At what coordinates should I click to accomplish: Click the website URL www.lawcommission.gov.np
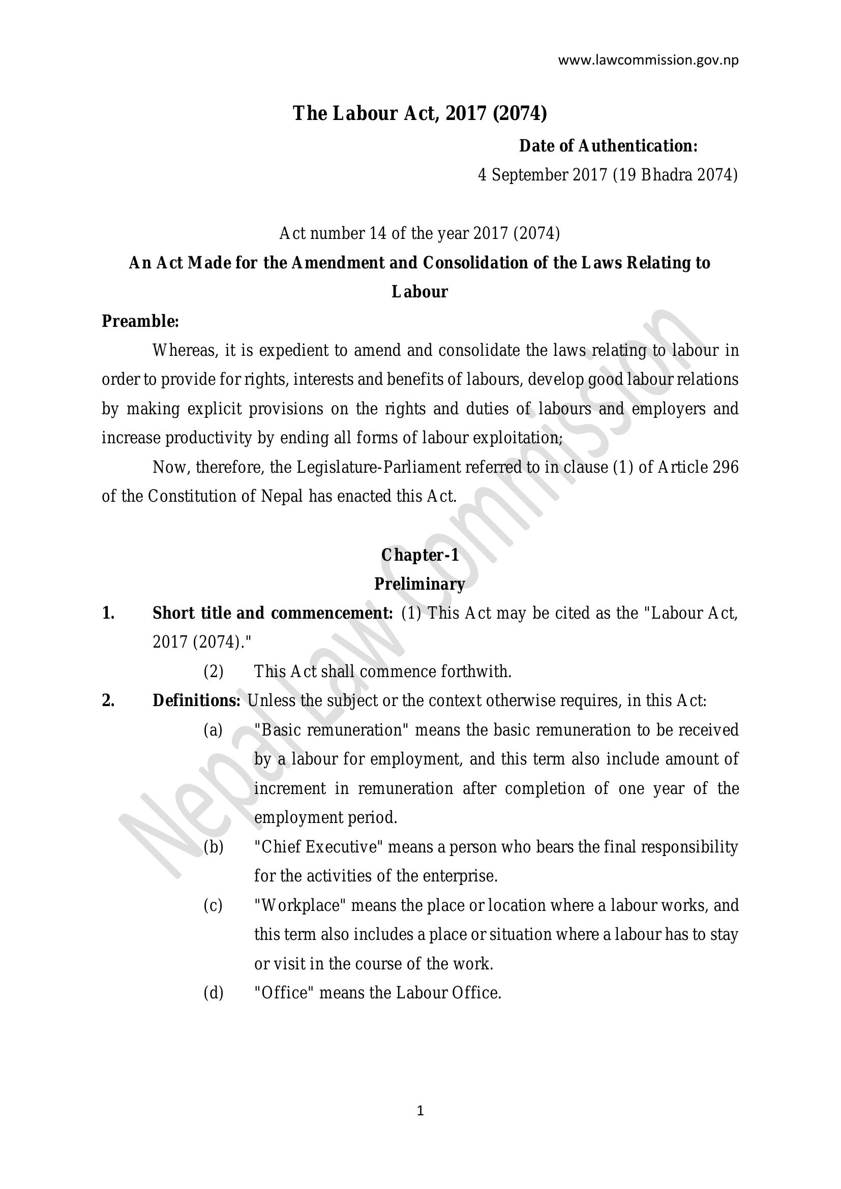tap(648, 60)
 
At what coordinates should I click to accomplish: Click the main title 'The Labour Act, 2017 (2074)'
tap(419, 113)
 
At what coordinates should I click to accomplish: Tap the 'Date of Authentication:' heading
tap(609, 146)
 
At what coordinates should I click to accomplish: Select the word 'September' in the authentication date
tap(530, 175)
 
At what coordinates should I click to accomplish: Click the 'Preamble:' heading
tap(140, 321)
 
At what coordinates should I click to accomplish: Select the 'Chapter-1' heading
tap(420, 555)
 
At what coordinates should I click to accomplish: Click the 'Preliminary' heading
tap(419, 584)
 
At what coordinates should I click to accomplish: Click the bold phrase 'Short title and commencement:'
tap(273, 613)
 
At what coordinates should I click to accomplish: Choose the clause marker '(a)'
tap(213, 730)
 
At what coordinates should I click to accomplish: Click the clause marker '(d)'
tap(213, 993)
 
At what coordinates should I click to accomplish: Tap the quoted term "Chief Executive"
tap(318, 847)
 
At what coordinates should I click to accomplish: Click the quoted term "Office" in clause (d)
tap(283, 993)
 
